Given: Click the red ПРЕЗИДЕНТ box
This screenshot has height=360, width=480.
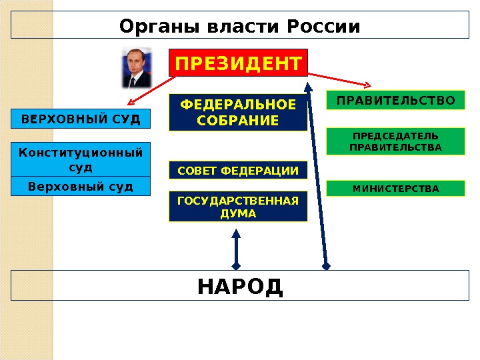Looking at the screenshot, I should (239, 64).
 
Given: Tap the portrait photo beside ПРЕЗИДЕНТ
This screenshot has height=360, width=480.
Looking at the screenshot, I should (136, 68).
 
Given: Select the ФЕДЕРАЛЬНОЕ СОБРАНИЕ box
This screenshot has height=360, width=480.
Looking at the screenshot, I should (238, 113).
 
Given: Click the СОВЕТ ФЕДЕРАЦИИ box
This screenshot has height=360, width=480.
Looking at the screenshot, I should (238, 171).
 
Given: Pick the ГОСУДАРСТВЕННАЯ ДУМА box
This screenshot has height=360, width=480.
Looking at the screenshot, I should (238, 206).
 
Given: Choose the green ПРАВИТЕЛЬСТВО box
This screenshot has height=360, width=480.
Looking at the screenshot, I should (395, 101).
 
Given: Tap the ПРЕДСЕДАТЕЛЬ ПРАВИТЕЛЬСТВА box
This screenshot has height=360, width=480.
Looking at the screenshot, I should (395, 141).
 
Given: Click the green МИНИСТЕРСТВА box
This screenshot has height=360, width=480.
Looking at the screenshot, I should (395, 188).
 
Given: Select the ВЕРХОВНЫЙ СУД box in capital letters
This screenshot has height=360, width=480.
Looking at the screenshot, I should (81, 119).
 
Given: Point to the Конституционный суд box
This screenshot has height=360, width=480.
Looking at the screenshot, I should (81, 159).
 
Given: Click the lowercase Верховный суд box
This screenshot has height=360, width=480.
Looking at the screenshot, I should (81, 185).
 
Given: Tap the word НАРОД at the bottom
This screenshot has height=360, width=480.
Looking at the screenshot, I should (240, 287).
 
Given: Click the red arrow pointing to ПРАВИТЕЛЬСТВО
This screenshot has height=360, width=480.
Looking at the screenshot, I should (340, 79).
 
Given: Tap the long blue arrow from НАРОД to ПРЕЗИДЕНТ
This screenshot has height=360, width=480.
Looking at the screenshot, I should (317, 173).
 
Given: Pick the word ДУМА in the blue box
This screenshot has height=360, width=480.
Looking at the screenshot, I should (238, 213).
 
